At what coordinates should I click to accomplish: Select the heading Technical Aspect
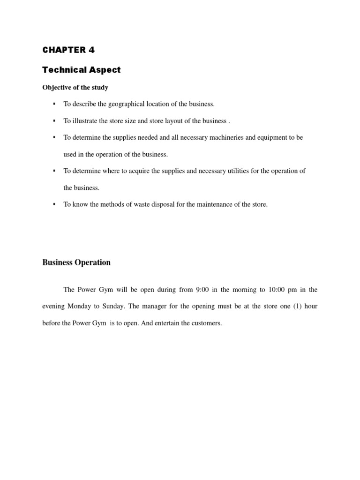(x=81, y=70)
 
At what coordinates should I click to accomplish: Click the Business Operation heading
(x=76, y=262)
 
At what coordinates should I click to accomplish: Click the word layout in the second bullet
(x=174, y=120)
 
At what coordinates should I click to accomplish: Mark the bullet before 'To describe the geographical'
(x=54, y=104)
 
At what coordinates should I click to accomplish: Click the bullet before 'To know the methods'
(x=54, y=204)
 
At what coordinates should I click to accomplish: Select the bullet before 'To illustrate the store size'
(x=54, y=120)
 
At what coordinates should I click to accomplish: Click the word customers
(x=206, y=323)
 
